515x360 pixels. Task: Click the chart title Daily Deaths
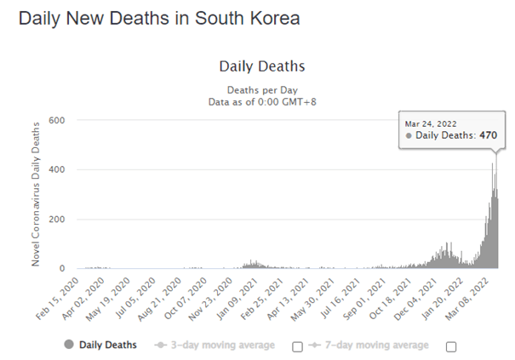[261, 66]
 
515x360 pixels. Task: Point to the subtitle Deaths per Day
[261, 89]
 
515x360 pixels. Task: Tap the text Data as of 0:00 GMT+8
[261, 102]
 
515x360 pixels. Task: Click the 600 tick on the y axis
[56, 121]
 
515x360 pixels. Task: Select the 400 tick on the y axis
[56, 170]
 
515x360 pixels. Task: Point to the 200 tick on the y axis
[56, 220]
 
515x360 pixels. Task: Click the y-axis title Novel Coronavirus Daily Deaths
[37, 193]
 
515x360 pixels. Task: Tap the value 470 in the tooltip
[487, 134]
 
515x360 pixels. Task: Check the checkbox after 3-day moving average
[297, 346]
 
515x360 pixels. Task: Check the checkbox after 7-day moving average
[451, 346]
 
